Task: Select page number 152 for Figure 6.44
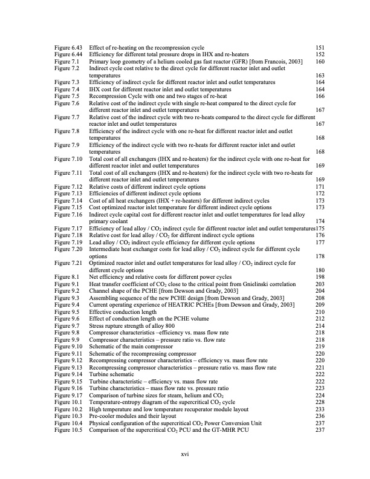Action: coord(320,54)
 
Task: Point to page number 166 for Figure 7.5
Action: coord(320,96)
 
